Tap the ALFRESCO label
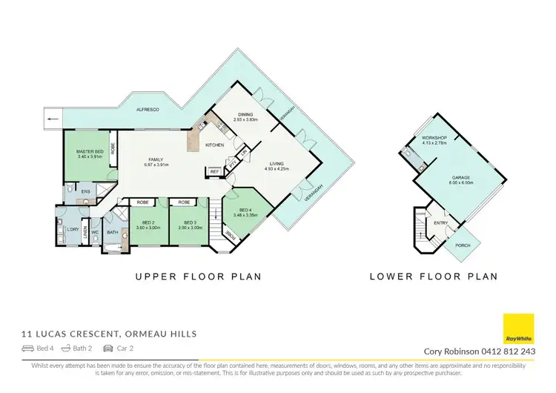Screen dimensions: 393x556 (x=149, y=110)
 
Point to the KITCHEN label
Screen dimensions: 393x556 (x=214, y=145)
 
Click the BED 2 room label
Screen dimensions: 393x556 (x=148, y=222)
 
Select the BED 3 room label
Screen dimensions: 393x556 (x=189, y=222)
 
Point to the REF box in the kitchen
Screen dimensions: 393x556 (x=214, y=172)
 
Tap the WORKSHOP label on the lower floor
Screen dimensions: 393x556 (x=433, y=138)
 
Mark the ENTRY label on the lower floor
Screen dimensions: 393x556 (x=440, y=222)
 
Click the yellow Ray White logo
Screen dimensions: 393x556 (x=518, y=329)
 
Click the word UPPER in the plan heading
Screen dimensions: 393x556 (x=156, y=277)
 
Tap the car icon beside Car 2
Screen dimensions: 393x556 (x=107, y=348)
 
